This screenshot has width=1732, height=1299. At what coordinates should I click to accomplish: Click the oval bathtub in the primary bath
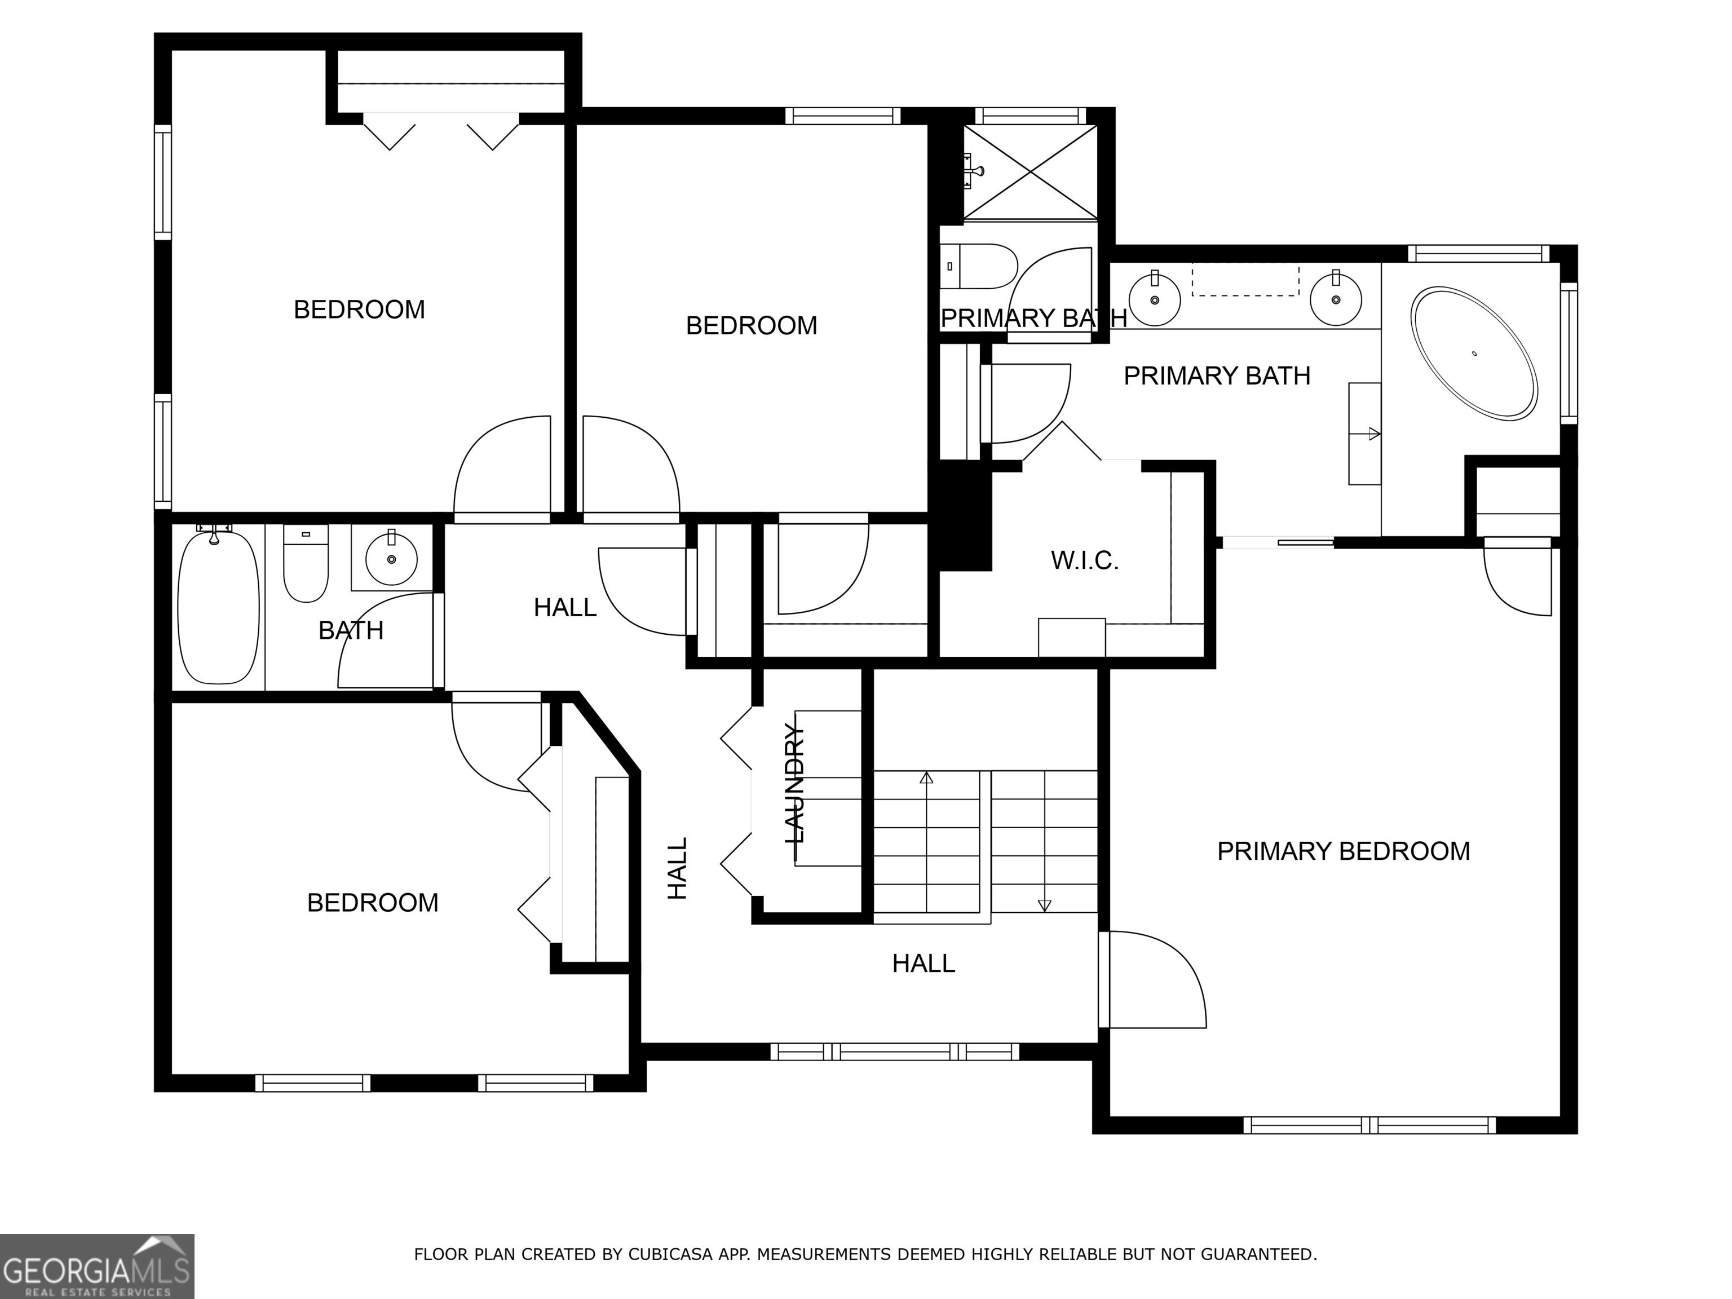[1474, 354]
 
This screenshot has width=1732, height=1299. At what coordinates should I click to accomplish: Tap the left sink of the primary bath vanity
[1154, 298]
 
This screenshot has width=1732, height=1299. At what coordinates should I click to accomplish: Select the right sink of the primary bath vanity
[1336, 298]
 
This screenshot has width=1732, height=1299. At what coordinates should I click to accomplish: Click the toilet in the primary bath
[978, 266]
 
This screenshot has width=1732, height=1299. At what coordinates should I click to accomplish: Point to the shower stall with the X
[1030, 171]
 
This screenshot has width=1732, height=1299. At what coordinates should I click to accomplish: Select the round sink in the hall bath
[391, 558]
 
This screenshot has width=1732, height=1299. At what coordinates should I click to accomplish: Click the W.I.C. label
[1084, 560]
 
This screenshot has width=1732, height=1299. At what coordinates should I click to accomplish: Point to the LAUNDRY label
[794, 783]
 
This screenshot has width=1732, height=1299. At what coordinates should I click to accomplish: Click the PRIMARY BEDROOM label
[1344, 851]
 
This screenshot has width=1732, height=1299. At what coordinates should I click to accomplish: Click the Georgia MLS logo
[97, 1266]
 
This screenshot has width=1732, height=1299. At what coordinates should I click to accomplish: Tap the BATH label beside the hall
[351, 630]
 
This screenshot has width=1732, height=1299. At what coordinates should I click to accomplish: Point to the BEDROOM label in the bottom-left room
[373, 903]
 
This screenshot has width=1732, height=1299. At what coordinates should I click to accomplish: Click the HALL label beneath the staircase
[924, 963]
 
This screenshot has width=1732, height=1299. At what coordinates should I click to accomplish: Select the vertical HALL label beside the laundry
[677, 868]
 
